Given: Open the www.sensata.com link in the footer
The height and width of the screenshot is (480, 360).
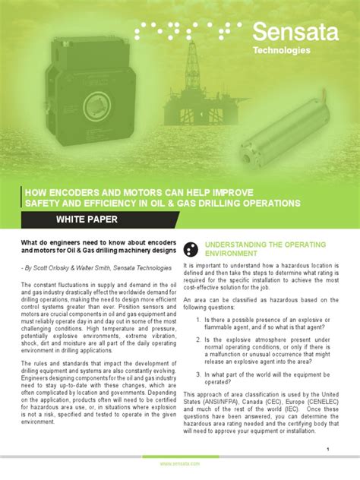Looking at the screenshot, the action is click(180, 463).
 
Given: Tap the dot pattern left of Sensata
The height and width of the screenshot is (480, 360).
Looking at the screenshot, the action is click(188, 30).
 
